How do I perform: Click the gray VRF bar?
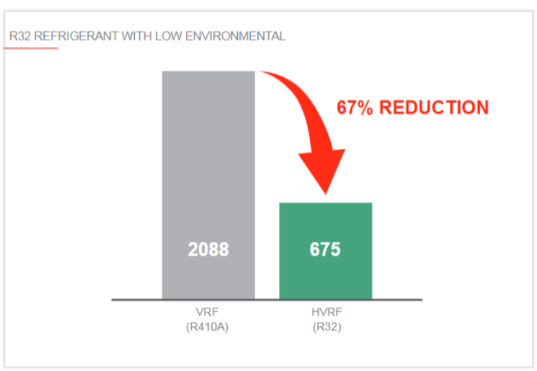point(208,159)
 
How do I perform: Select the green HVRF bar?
point(326,224)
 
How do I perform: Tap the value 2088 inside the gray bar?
point(208,250)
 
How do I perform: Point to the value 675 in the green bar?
point(326,250)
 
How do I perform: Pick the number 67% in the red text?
point(355,108)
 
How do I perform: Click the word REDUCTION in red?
point(434,108)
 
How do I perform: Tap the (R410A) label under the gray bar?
point(208,326)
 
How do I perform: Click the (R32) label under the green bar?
point(326,326)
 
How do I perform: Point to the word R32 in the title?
point(19,36)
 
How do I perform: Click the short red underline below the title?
point(30,48)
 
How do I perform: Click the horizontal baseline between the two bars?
point(267,299)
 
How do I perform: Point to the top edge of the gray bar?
point(208,71)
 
